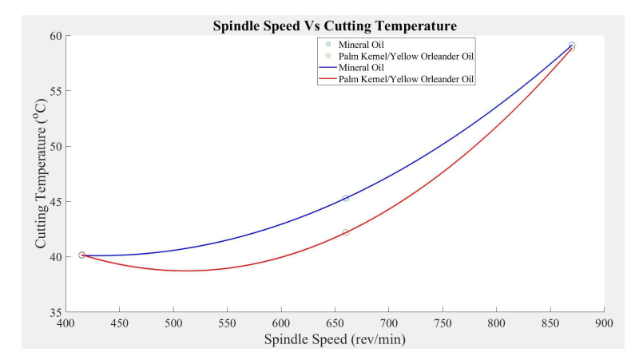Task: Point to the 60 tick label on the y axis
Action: (55, 37)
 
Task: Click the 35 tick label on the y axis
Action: (55, 312)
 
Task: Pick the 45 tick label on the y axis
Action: (55, 202)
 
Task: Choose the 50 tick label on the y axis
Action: (55, 147)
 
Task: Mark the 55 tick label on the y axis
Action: (55, 92)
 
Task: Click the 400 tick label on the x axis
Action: (65, 324)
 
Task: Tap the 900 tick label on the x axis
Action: (604, 324)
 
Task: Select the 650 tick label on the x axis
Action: (335, 324)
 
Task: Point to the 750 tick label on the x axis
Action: (443, 324)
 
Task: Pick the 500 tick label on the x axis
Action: (173, 324)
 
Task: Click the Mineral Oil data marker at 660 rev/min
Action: (346, 198)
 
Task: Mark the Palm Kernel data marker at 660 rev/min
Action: (346, 232)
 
